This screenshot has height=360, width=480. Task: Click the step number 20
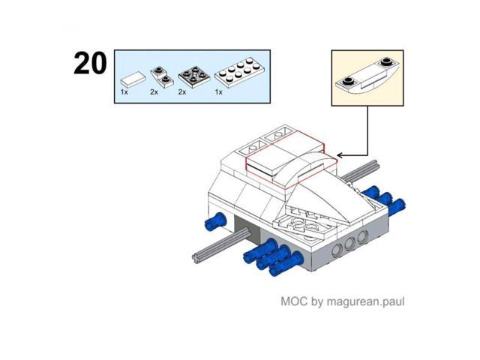tap(90, 63)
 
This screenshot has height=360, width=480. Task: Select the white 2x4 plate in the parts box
tap(240, 73)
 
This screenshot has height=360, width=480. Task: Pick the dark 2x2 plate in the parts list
tap(193, 76)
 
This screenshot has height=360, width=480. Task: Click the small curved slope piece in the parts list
tap(162, 77)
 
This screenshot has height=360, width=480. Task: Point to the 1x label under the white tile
tap(124, 92)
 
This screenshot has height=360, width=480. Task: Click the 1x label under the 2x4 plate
tap(218, 92)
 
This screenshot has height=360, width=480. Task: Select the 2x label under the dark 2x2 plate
tap(182, 92)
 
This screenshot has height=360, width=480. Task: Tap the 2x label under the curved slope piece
tap(154, 92)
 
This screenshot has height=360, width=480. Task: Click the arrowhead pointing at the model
tap(340, 155)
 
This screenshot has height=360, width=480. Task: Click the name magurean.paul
tap(365, 301)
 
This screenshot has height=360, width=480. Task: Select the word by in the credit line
tap(316, 301)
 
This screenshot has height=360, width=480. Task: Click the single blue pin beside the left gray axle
tap(215, 221)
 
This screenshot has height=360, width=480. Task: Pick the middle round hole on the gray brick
tap(349, 244)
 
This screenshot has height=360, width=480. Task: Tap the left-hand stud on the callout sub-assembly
tap(348, 81)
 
